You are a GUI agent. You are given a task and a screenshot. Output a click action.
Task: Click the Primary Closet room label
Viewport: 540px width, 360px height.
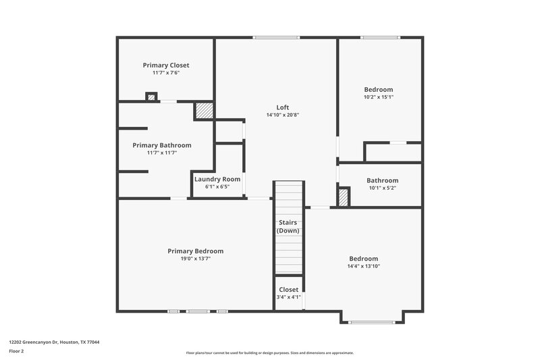click(x=166, y=65)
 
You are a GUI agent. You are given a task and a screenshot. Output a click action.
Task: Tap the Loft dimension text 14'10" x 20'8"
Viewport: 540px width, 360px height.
click(x=282, y=115)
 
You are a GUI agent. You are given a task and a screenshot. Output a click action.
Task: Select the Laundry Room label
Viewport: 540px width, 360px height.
click(x=217, y=179)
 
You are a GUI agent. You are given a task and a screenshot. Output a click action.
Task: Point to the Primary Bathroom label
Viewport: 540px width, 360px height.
click(x=162, y=145)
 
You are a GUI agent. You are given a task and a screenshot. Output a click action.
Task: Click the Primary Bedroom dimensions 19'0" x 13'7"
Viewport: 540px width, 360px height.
click(x=195, y=258)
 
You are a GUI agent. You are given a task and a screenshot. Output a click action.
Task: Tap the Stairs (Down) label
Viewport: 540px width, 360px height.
click(x=288, y=226)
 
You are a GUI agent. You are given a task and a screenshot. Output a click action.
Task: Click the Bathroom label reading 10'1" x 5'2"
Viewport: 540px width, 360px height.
click(x=382, y=188)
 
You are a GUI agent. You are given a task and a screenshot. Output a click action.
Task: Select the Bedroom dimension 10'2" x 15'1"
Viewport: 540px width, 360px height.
click(x=378, y=97)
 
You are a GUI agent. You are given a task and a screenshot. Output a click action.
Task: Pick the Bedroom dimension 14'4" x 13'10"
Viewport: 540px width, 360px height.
click(x=363, y=266)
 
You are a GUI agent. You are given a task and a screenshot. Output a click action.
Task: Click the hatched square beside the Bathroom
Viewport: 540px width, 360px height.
click(x=344, y=197)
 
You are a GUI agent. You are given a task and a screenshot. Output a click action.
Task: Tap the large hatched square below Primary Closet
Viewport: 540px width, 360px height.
click(x=204, y=111)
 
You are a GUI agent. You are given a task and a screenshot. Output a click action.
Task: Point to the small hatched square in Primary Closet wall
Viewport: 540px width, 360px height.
click(x=151, y=97)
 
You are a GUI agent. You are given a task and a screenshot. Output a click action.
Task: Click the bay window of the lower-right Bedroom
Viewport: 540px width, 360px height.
click(x=372, y=322)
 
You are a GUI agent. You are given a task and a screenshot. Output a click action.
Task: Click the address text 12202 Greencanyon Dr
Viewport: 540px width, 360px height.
click(x=54, y=342)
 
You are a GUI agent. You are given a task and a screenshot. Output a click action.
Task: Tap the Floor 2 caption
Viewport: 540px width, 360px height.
click(x=16, y=351)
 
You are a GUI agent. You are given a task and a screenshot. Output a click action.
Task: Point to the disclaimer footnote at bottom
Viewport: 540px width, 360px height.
click(x=269, y=353)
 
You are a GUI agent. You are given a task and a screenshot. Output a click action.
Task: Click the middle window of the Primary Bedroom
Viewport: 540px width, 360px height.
click(x=198, y=311)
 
